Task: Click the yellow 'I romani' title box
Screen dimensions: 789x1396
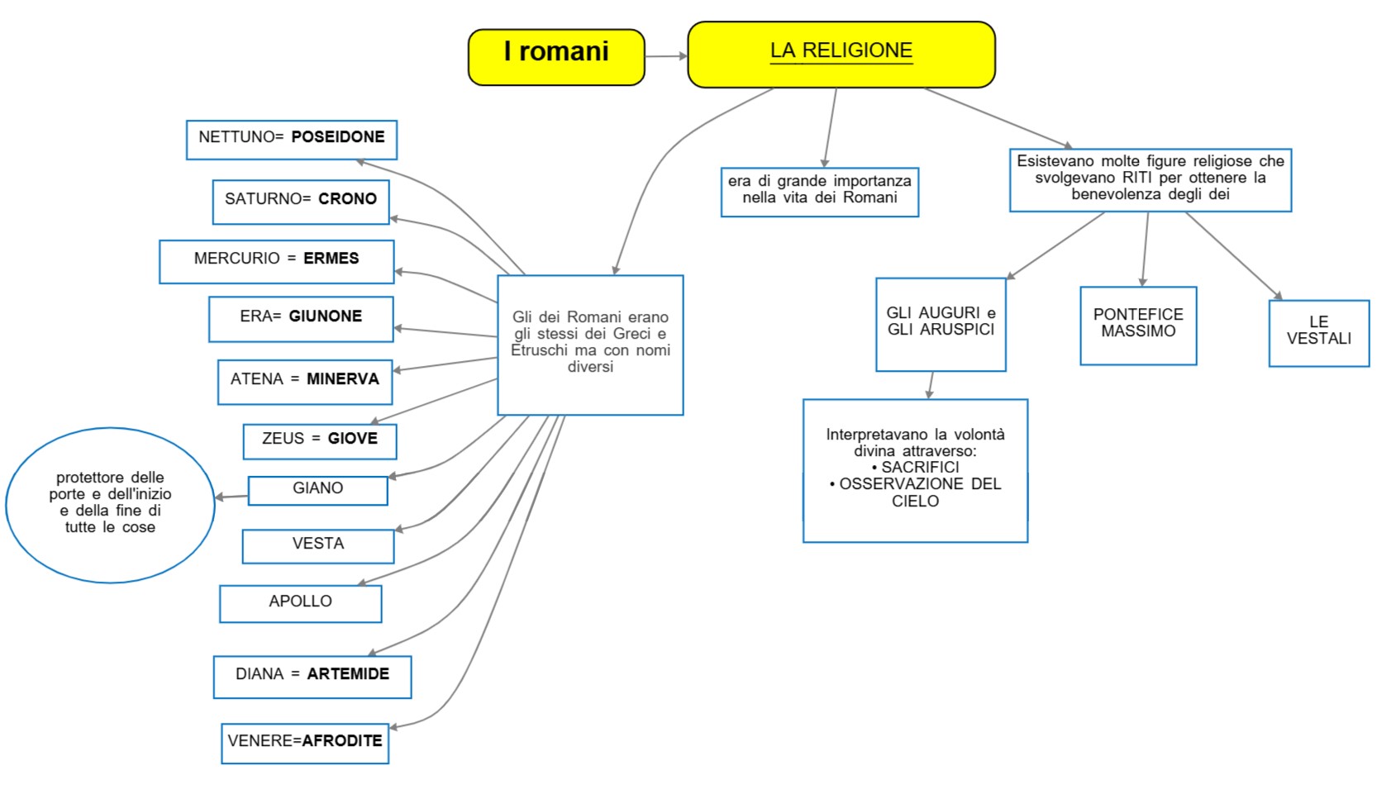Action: pyautogui.click(x=556, y=57)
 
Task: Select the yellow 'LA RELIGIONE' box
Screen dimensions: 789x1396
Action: pyautogui.click(x=841, y=55)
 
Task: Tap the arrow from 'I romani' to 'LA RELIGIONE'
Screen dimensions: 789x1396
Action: pyautogui.click(x=665, y=56)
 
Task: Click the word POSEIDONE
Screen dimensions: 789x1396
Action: pyautogui.click(x=337, y=137)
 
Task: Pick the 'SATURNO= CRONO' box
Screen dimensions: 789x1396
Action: pyautogui.click(x=301, y=202)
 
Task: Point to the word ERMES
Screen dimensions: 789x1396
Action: pyautogui.click(x=331, y=259)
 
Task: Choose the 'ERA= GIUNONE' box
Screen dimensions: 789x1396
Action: pyautogui.click(x=301, y=319)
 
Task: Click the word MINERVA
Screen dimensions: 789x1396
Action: pyautogui.click(x=342, y=379)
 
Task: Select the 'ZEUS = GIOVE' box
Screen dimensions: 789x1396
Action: pyautogui.click(x=319, y=441)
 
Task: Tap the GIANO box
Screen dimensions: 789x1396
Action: pyautogui.click(x=317, y=490)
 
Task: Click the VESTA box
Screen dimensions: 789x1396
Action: pyautogui.click(x=317, y=546)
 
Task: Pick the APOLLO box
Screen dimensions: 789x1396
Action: pyautogui.click(x=300, y=604)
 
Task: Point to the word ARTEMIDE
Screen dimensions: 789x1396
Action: pyautogui.click(x=348, y=674)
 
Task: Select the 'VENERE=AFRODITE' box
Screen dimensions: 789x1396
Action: pyautogui.click(x=304, y=744)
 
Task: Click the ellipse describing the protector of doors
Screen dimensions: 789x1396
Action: pyautogui.click(x=110, y=504)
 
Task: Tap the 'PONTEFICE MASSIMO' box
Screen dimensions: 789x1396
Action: pyautogui.click(x=1137, y=326)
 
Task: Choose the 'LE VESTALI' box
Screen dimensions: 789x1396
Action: pyautogui.click(x=1318, y=333)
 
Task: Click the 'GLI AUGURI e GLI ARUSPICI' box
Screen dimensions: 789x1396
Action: pyautogui.click(x=941, y=324)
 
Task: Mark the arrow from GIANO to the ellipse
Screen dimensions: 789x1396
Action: pyautogui.click(x=231, y=497)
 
